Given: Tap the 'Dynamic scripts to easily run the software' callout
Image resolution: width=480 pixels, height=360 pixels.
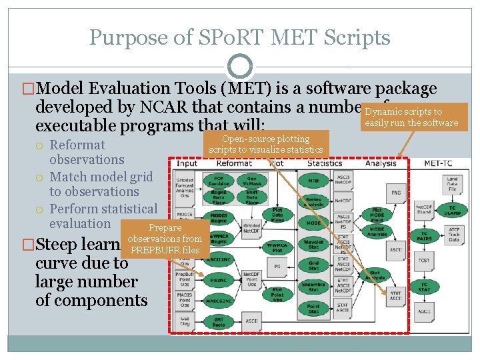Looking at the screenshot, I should point(412,117).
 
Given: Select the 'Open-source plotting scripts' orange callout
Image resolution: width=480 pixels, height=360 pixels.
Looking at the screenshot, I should point(265,144).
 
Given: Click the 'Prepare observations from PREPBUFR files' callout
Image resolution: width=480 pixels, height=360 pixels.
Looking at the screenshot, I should point(165,239).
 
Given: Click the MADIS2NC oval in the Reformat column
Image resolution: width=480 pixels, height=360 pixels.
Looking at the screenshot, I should point(219,300).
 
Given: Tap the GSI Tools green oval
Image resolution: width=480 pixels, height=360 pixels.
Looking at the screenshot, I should point(219,322).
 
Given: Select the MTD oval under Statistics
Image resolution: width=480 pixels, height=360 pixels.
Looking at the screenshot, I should point(313,181).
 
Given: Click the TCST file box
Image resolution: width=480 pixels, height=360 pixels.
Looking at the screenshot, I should point(424,259).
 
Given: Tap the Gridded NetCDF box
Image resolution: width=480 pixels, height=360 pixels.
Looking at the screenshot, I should point(252,227).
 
